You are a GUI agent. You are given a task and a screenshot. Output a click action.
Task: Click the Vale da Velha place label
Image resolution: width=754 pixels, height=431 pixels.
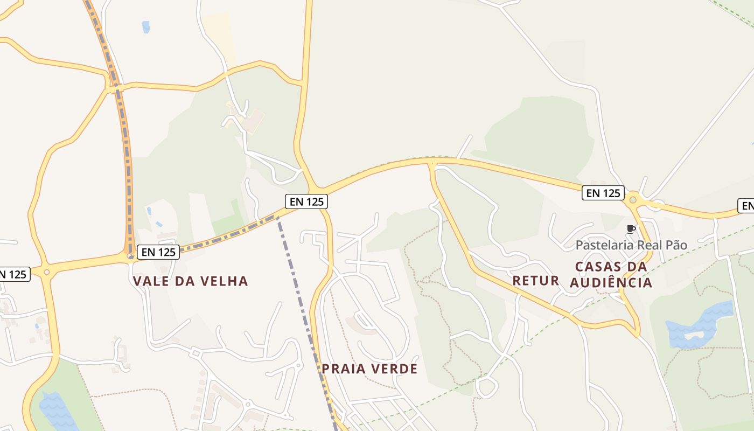click(190, 281)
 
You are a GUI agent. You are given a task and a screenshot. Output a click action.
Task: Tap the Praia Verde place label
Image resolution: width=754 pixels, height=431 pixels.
click(369, 369)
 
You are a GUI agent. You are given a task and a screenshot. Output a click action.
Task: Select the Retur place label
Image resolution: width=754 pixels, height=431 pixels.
click(536, 280)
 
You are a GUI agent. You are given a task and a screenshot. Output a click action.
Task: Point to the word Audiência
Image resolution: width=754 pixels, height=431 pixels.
click(611, 283)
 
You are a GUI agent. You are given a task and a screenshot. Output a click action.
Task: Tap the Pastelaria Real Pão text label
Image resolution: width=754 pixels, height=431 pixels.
click(631, 245)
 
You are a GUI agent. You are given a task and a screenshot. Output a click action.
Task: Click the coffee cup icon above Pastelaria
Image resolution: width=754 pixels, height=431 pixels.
click(631, 230)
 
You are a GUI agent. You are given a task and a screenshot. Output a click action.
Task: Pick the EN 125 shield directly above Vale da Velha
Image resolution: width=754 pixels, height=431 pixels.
click(158, 252)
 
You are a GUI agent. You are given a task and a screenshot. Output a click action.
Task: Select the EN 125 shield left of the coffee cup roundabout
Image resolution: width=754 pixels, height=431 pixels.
click(603, 193)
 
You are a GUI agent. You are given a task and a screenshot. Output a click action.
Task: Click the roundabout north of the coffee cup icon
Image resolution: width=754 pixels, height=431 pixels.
click(633, 200)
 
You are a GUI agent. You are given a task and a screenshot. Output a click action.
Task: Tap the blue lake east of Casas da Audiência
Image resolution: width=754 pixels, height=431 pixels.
click(700, 325)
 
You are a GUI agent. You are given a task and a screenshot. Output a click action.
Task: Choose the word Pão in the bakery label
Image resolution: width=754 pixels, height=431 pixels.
click(677, 245)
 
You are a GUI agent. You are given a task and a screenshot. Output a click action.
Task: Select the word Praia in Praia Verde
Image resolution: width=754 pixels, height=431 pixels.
click(340, 369)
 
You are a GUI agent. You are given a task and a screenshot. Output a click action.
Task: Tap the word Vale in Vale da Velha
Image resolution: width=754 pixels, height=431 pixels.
click(149, 281)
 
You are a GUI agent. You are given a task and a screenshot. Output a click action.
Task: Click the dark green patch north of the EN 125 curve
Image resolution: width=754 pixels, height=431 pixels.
click(539, 132)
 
